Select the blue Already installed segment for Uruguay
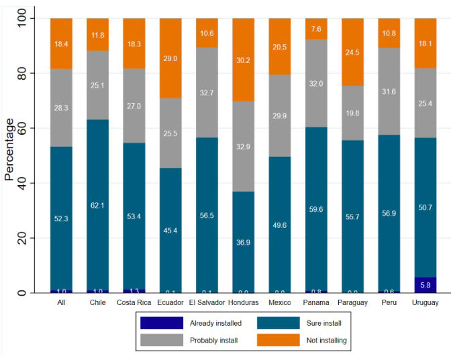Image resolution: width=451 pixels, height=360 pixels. (425, 285)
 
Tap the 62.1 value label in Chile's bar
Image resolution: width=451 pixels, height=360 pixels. (97, 205)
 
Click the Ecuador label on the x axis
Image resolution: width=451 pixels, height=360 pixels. (170, 302)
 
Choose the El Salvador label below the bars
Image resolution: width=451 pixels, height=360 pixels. (207, 302)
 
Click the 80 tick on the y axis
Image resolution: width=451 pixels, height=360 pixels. (21, 73)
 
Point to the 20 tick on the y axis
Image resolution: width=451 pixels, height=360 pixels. (21, 239)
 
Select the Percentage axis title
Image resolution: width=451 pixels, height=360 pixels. (9, 149)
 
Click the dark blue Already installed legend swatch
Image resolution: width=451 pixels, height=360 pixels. (161, 323)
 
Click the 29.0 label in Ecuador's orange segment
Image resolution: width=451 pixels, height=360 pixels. (170, 59)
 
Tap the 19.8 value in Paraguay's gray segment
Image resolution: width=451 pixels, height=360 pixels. (352, 113)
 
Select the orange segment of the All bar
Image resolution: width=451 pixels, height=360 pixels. (61, 43)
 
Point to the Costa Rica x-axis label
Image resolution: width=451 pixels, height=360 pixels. (134, 302)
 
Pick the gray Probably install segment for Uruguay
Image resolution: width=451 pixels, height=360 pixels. (425, 104)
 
